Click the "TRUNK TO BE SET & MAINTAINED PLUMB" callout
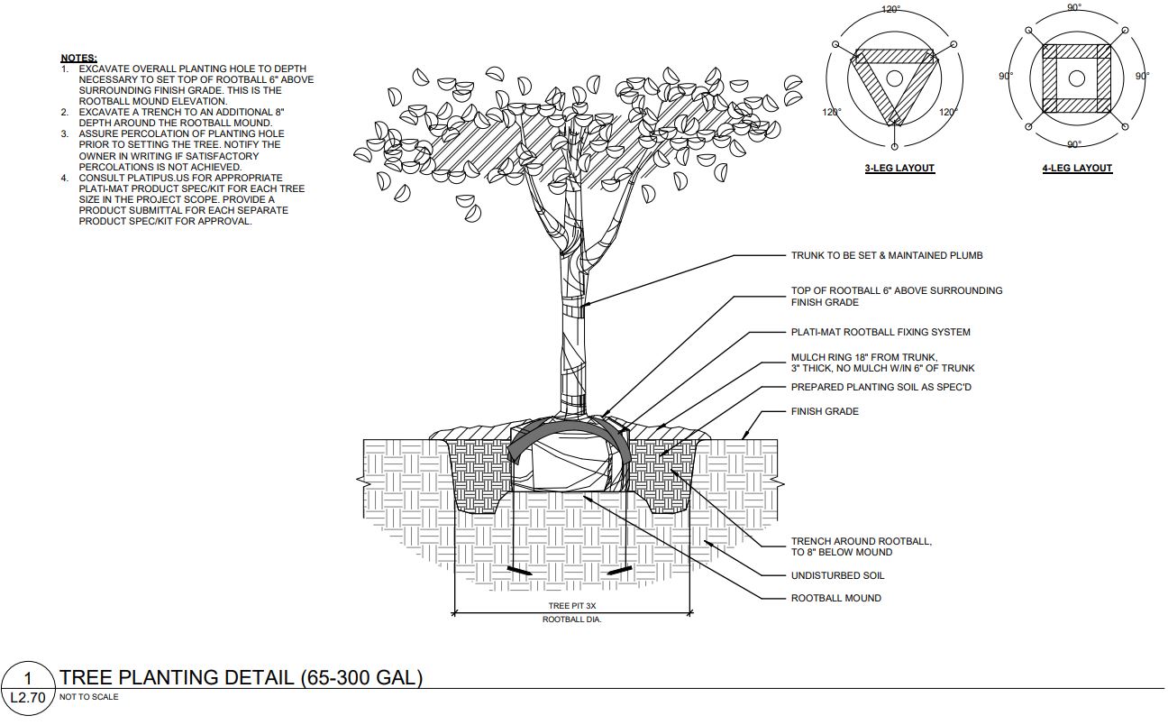pyautogui.click(x=886, y=256)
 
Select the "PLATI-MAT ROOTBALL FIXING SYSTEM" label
pyautogui.click(x=881, y=333)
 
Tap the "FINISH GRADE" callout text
pyautogui.click(x=825, y=412)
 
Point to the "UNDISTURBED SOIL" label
pyautogui.click(x=837, y=575)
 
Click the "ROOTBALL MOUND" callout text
pyautogui.click(x=835, y=598)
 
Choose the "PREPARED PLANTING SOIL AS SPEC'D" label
pyautogui.click(x=881, y=388)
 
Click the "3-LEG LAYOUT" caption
pyautogui.click(x=899, y=169)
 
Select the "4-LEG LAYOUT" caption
pyautogui.click(x=1077, y=169)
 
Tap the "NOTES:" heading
pyautogui.click(x=78, y=58)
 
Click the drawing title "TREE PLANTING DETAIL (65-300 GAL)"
pyautogui.click(x=241, y=678)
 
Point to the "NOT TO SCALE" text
pyautogui.click(x=88, y=697)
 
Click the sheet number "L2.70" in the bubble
pyautogui.click(x=27, y=697)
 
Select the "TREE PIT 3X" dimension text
pyautogui.click(x=570, y=606)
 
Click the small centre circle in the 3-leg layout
pyautogui.click(x=894, y=78)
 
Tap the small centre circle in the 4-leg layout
pyautogui.click(x=1076, y=78)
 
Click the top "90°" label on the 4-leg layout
pyautogui.click(x=1074, y=7)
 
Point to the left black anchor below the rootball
pyautogui.click(x=520, y=571)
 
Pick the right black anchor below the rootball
pyautogui.click(x=616, y=571)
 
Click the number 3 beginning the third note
pyautogui.click(x=65, y=133)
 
